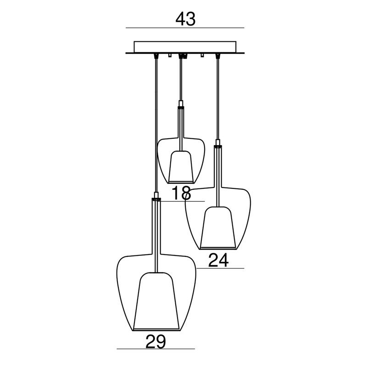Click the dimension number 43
tap(185, 19)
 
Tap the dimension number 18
tap(181, 193)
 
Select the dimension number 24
tap(218, 260)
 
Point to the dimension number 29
tap(156, 342)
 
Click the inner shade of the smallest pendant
tap(181, 166)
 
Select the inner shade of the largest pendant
tap(156, 301)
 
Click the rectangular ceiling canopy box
tap(185, 47)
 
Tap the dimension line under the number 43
tap(185, 28)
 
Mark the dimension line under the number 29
tap(156, 349)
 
